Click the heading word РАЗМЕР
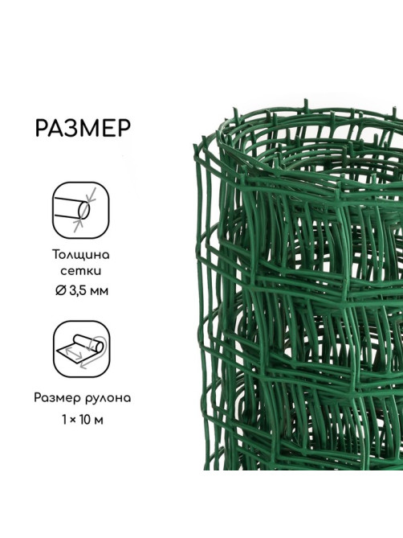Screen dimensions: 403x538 point(83,129)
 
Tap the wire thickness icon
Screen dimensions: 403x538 point(80,210)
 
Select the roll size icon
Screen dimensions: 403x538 point(82,349)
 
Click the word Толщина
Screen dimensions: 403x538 point(81,255)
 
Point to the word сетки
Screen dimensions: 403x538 point(81,271)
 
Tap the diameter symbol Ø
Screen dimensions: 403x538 point(60,290)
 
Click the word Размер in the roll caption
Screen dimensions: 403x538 point(56,398)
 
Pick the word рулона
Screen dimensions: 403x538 point(107,399)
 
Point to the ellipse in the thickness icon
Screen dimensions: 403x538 point(83,210)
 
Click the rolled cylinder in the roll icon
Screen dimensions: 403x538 point(90,343)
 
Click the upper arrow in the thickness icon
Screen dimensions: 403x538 point(92,195)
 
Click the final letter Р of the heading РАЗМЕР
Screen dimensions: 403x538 point(124,129)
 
